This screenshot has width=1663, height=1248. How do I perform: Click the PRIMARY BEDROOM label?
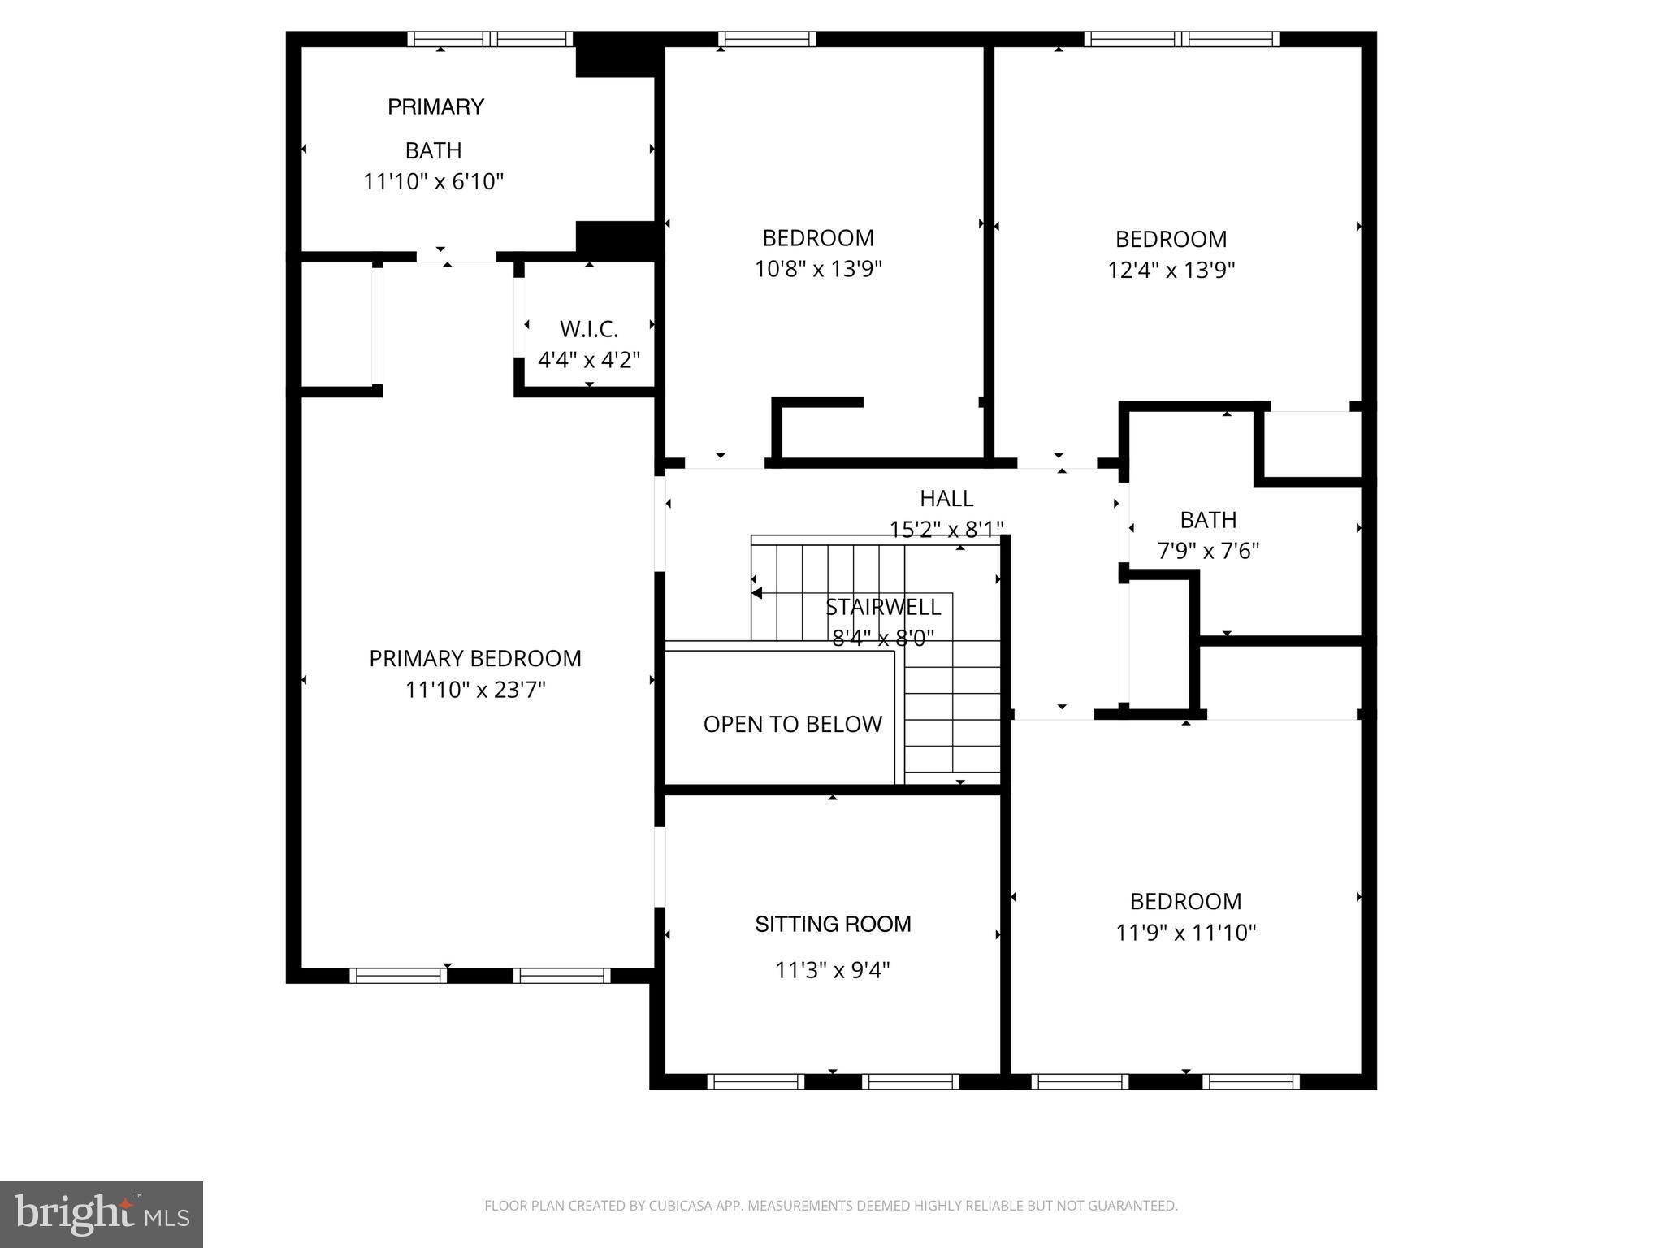click(x=475, y=658)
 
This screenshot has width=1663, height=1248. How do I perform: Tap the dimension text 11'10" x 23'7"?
click(x=475, y=690)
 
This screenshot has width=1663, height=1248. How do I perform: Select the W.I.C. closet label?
click(x=589, y=329)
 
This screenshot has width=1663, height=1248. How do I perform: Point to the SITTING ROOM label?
click(x=833, y=924)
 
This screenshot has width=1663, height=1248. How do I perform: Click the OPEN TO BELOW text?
click(x=792, y=724)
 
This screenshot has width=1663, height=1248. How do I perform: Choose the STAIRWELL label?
click(x=883, y=607)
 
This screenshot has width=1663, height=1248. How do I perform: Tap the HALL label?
click(x=946, y=498)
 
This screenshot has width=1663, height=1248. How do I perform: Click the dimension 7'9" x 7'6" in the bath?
click(x=1208, y=551)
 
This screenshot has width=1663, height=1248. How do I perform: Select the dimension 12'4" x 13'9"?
click(x=1171, y=270)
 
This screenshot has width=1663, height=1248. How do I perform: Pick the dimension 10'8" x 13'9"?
click(x=818, y=269)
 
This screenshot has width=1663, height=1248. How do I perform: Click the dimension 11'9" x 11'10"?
click(x=1185, y=932)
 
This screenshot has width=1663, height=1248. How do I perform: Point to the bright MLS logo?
click(x=102, y=1214)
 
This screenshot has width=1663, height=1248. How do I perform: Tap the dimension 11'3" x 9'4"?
click(x=833, y=970)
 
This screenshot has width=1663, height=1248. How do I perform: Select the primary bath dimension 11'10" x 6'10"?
click(x=433, y=181)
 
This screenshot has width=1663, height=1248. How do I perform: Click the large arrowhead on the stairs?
click(x=756, y=593)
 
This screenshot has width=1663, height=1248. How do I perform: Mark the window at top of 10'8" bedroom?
click(x=767, y=39)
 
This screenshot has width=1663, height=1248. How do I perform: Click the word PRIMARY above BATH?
click(x=435, y=106)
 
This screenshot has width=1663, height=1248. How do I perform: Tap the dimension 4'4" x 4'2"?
click(x=589, y=359)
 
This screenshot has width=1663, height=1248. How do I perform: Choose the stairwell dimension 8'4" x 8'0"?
click(x=883, y=638)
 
